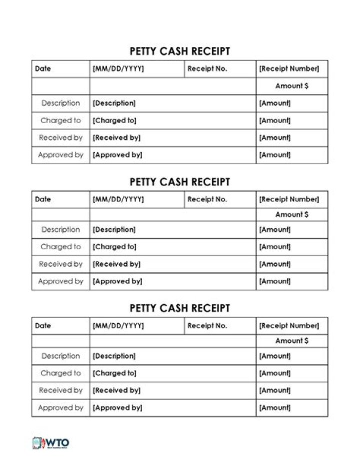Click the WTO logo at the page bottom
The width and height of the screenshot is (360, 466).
click(51, 443)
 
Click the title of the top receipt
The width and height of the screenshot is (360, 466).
click(179, 51)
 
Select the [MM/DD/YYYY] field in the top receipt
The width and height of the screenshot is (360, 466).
click(118, 69)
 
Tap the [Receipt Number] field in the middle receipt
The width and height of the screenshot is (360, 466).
click(288, 199)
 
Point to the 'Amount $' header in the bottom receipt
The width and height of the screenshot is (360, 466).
click(291, 341)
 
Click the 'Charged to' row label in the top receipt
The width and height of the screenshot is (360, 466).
click(60, 121)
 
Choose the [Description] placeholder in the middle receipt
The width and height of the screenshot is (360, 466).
click(114, 230)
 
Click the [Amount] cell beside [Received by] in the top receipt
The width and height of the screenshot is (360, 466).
click(274, 138)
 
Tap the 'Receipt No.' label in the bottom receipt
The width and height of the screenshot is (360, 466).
click(207, 326)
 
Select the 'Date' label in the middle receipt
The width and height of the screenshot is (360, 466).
click(43, 199)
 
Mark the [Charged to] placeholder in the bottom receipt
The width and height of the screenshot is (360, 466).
click(114, 373)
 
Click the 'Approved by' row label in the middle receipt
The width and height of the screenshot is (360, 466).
click(60, 281)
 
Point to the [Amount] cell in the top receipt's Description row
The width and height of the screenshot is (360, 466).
click(274, 103)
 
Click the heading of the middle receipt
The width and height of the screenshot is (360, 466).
click(179, 182)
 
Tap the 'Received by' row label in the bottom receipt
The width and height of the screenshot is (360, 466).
click(60, 390)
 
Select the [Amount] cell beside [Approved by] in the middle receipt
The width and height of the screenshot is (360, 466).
click(274, 281)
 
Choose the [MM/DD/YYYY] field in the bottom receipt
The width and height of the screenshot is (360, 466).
click(118, 326)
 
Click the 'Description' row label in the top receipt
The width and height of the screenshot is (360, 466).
click(60, 103)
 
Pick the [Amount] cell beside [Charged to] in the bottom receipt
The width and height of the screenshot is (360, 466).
click(274, 373)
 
